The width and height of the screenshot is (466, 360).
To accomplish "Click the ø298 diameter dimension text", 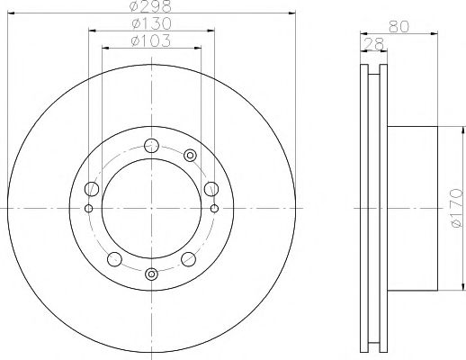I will [150, 6].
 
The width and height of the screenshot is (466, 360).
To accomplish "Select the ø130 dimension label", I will [150, 23].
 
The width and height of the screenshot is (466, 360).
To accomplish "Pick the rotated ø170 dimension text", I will [456, 207].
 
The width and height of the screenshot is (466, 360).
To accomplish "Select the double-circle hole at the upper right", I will [190, 157].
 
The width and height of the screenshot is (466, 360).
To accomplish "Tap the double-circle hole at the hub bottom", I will [151, 274].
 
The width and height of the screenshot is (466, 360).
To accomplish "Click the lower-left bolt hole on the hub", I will [113, 259].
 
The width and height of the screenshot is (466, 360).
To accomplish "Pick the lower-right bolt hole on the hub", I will [189, 259].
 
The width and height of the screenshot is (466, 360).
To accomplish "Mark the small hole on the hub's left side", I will [88, 209].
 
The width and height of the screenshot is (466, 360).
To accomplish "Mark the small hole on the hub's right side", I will [214, 209].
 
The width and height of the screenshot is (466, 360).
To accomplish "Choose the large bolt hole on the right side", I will [211, 188].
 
